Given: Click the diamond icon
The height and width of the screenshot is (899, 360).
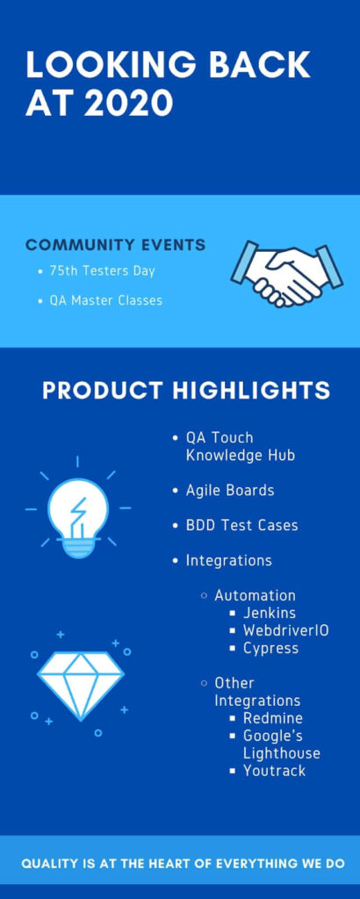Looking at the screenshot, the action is [x=80, y=683].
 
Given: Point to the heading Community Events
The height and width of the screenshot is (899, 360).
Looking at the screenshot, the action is [x=115, y=246].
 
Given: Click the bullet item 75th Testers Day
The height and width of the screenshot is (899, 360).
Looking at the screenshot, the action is [x=102, y=271].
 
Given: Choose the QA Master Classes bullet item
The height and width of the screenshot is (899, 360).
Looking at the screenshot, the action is [x=105, y=300].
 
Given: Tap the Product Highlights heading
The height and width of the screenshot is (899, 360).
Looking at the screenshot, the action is [x=186, y=391].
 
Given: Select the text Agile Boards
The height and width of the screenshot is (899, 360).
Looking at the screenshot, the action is [x=230, y=491].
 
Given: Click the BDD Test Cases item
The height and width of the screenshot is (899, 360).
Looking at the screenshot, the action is [x=242, y=525].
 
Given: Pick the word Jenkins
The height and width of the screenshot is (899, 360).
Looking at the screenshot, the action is [x=270, y=613].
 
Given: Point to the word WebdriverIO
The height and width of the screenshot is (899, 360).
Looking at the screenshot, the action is [x=286, y=630].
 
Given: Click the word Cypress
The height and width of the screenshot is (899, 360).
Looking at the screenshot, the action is [x=270, y=649].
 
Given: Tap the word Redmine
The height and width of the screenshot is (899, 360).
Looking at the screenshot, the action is [x=273, y=718].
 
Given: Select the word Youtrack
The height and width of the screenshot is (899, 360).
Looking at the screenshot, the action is [x=274, y=771].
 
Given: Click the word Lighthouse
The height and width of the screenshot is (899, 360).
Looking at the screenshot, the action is [x=282, y=753].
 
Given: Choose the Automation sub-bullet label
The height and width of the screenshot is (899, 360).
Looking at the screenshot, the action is [x=256, y=596].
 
